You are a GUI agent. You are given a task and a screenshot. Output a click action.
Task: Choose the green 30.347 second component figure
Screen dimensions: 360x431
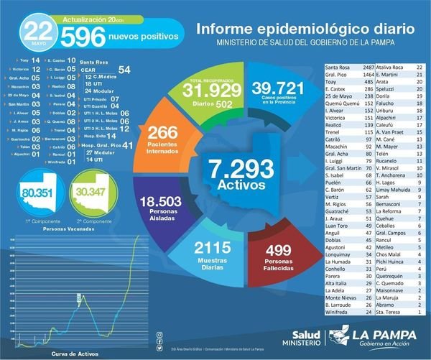pos(90,193)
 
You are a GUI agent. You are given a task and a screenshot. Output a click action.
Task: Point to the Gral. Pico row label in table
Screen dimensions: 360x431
pos(335,74)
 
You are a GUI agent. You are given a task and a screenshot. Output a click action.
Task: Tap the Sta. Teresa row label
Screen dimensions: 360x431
pos(393,310)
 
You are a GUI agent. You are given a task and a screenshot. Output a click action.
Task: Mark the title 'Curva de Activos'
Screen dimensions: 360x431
pos(72,354)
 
